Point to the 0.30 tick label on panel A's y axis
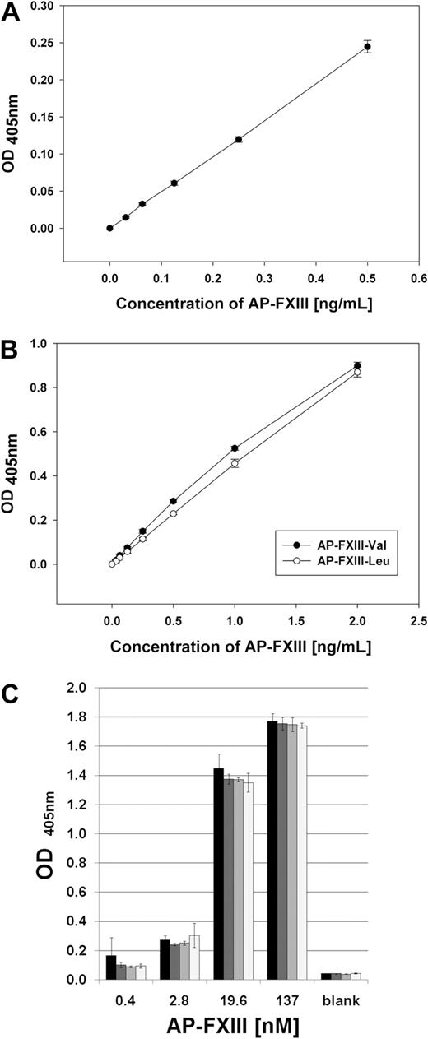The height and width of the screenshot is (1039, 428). (65, 6)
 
